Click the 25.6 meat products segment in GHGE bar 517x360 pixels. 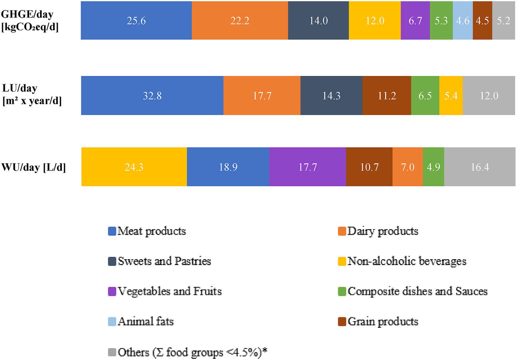pos(136,20)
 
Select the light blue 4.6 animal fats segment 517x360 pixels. pos(462,20)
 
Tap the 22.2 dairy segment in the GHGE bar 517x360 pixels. pos(239,20)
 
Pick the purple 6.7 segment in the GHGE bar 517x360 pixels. pos(415,20)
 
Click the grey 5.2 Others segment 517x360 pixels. pos(503,20)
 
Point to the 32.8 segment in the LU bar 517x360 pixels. pos(152,96)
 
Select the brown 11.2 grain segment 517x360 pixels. pos(386,96)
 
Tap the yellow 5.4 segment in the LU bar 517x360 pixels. pos(451,96)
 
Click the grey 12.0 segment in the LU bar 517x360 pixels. pos(489,96)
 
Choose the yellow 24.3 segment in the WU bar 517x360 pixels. pos(134,167)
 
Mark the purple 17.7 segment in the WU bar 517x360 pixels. pos(307,167)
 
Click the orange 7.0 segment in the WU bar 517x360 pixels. pos(407,167)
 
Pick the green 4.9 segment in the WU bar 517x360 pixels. pos(433,167)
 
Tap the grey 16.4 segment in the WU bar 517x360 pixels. pos(480,167)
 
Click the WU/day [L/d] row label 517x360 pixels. pos(34,167)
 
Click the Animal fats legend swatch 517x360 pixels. pos(112,322)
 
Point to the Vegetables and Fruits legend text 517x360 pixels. pos(170,291)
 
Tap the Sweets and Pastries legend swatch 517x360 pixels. pos(112,261)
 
